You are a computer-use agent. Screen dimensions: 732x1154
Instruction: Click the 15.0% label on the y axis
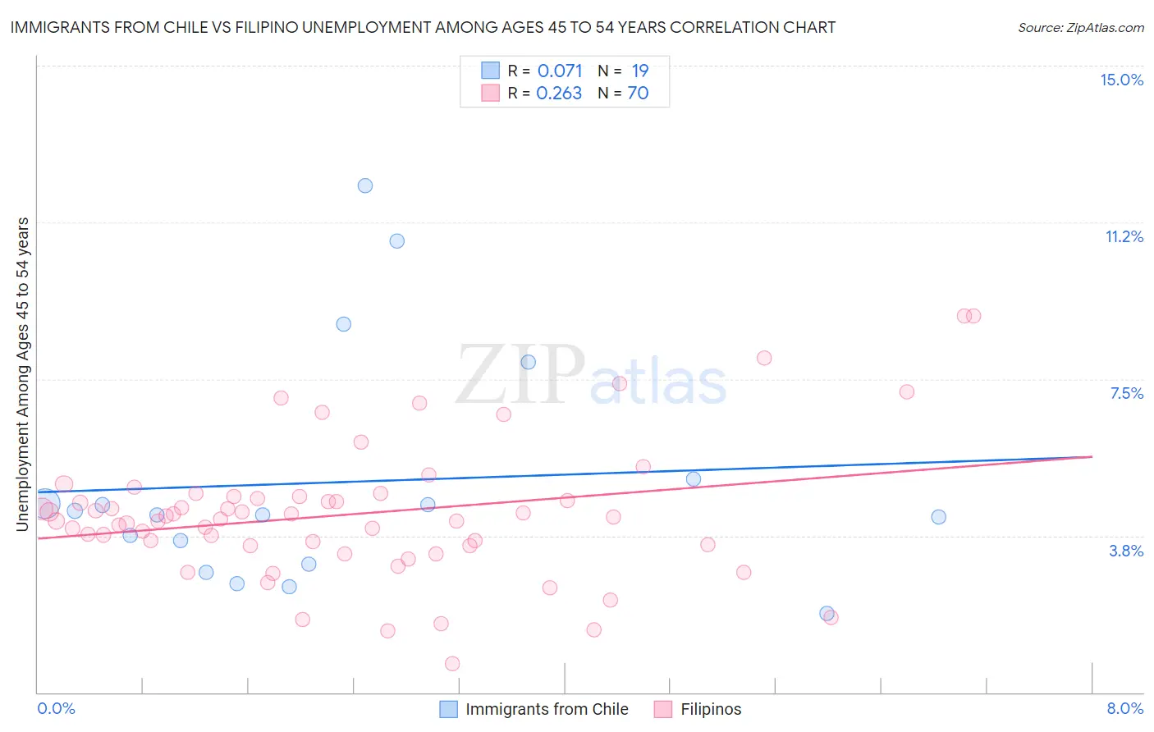click(1121, 80)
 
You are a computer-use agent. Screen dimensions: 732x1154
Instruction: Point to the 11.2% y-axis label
click(1124, 236)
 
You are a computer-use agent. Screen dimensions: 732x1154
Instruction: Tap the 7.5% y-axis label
click(1126, 393)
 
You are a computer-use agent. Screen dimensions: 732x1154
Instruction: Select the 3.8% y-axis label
click(1126, 551)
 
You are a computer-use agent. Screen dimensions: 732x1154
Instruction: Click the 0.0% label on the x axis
click(56, 708)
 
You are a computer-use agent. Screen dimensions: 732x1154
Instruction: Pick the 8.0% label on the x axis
click(1124, 708)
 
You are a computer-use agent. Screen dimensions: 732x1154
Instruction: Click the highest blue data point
click(365, 185)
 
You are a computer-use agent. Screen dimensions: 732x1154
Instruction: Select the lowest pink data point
click(452, 663)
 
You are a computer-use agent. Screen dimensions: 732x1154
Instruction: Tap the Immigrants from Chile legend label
click(547, 709)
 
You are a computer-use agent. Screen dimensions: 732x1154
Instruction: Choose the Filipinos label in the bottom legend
click(711, 709)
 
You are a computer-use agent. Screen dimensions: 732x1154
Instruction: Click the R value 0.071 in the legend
click(560, 71)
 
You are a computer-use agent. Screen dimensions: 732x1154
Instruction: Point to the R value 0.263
click(559, 93)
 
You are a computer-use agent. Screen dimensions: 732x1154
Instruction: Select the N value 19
click(640, 71)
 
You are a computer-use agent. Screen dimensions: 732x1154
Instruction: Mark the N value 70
click(638, 93)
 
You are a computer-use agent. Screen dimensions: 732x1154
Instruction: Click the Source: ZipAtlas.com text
click(1080, 27)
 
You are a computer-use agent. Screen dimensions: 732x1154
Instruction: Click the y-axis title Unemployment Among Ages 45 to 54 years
click(23, 373)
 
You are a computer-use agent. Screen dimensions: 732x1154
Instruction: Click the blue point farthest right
click(938, 517)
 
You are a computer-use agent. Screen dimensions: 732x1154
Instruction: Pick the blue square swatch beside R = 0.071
click(490, 71)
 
